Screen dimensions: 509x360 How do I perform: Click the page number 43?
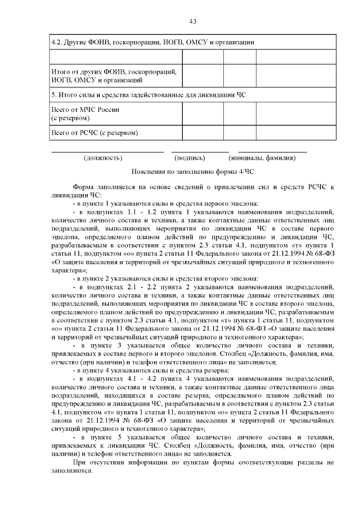point(192,21)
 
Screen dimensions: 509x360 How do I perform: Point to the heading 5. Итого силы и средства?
point(148,94)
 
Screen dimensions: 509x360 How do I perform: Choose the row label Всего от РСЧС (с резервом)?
point(94,133)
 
